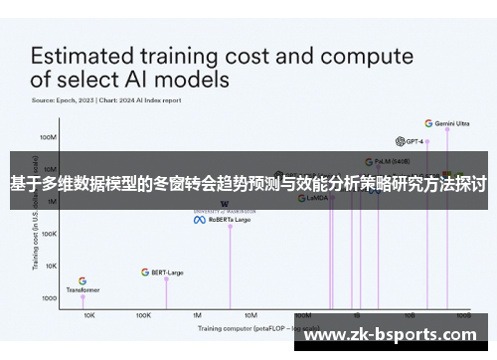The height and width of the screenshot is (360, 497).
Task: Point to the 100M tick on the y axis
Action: coord(47,137)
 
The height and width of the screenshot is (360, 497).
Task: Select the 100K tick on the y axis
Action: coord(48,234)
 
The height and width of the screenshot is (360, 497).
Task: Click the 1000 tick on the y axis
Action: coord(49,297)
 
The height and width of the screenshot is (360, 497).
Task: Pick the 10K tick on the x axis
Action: coord(88,314)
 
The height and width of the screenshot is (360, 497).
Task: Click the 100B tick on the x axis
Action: coord(464,314)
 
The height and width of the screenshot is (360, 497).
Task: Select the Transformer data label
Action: coord(83,290)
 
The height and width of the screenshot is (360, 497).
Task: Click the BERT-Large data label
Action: coord(167,271)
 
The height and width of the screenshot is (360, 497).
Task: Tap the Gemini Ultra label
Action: coord(452,123)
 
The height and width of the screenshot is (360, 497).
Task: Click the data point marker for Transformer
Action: coord(83,297)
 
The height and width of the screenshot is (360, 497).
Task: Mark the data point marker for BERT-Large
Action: coord(166,278)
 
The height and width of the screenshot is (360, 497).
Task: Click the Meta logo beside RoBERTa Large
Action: coord(198,220)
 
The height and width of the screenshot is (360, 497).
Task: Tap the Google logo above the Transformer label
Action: coord(83,280)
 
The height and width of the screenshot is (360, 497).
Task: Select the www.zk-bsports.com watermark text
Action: coord(396,336)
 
